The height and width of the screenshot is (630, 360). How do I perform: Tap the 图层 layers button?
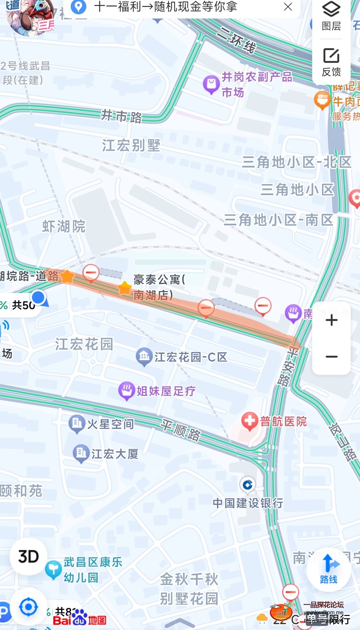331,17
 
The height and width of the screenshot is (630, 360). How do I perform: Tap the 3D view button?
28,556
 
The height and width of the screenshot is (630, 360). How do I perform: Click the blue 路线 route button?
329,569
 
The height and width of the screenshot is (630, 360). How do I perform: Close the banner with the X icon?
288,7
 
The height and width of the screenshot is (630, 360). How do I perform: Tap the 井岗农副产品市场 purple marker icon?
211,84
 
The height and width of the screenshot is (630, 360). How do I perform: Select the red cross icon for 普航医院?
250,421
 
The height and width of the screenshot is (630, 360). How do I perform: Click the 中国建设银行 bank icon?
248,485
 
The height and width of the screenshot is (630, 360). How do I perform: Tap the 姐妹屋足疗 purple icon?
127,391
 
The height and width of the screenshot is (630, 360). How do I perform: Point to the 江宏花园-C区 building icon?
144,356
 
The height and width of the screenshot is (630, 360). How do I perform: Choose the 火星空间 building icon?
77,424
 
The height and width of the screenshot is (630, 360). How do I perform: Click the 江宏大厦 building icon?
81,453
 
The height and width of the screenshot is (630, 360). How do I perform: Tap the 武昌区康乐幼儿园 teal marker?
53,570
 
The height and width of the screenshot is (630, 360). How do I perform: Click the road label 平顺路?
181,430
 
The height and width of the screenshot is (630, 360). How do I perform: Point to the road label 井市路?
122,116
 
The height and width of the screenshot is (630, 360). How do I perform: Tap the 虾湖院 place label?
64,226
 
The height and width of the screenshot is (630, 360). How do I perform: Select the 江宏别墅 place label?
131,145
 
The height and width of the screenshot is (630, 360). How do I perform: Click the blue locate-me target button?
28,607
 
